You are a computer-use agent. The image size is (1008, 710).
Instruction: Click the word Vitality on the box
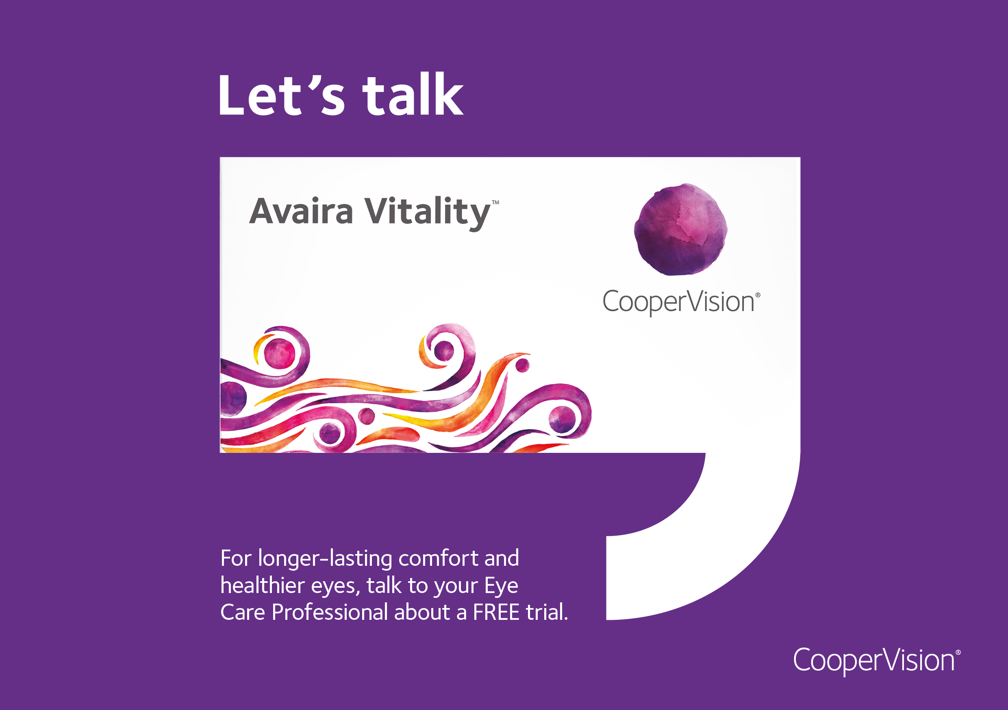427,213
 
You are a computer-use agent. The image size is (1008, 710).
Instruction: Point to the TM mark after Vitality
495,203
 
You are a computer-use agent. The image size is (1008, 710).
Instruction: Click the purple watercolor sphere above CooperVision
680,229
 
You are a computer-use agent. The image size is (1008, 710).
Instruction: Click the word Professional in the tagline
330,612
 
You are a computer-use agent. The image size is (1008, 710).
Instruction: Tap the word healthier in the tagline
263,585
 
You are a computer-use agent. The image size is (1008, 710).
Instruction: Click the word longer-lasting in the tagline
325,559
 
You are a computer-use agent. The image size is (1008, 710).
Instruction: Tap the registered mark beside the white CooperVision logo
958,652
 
